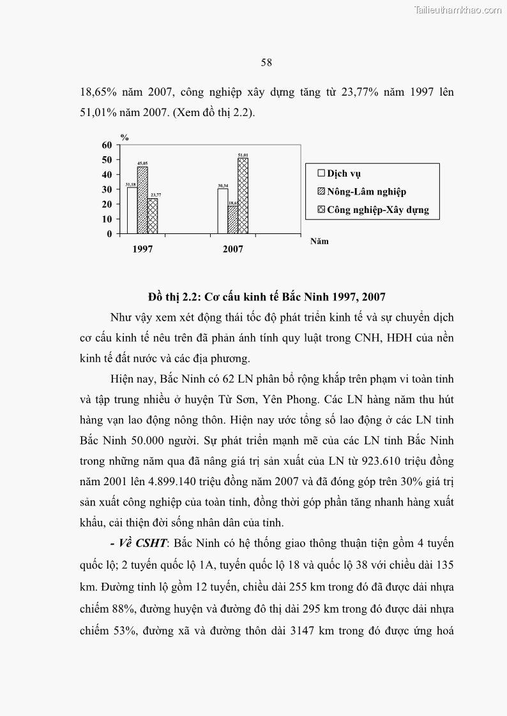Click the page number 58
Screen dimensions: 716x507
point(266,62)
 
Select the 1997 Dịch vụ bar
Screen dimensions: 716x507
point(132,210)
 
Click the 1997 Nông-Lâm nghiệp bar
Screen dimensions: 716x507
point(142,200)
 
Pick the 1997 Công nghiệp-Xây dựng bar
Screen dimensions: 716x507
point(153,216)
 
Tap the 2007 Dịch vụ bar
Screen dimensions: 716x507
point(222,211)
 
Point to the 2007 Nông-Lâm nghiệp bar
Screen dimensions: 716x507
point(232,220)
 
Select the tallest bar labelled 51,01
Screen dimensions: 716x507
point(243,196)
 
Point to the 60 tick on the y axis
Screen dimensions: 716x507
point(107,145)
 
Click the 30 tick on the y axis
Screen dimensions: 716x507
point(107,189)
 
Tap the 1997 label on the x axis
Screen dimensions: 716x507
point(142,249)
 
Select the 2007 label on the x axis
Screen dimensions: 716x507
point(233,249)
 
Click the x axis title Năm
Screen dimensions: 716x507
point(319,242)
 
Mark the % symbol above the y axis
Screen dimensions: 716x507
point(125,136)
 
